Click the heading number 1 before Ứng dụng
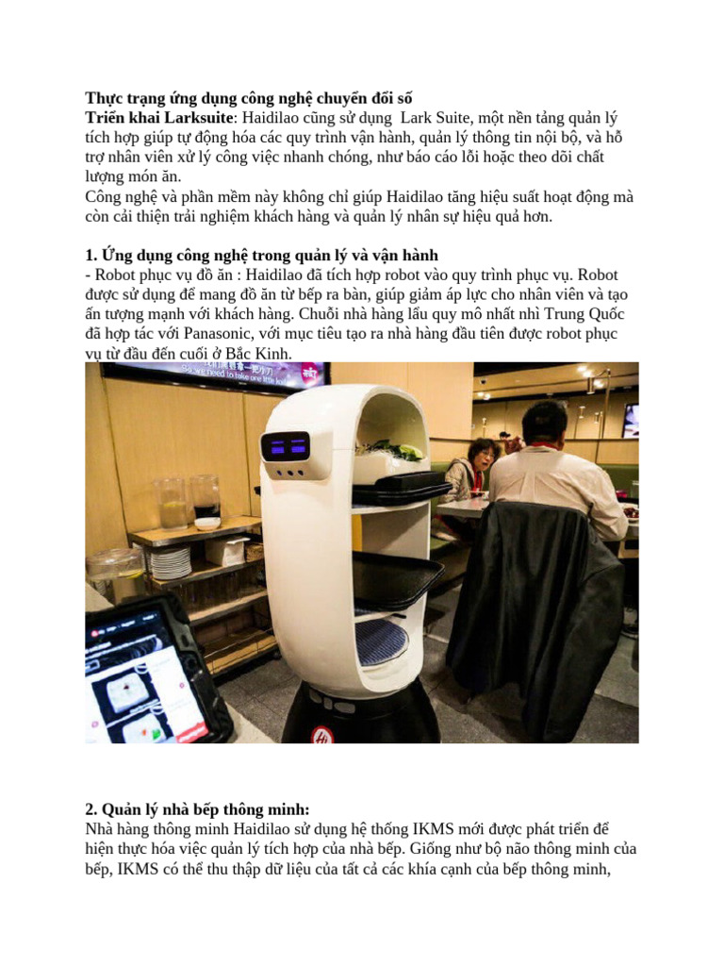90,255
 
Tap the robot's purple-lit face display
285,446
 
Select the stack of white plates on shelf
170,563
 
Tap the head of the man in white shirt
545,425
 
